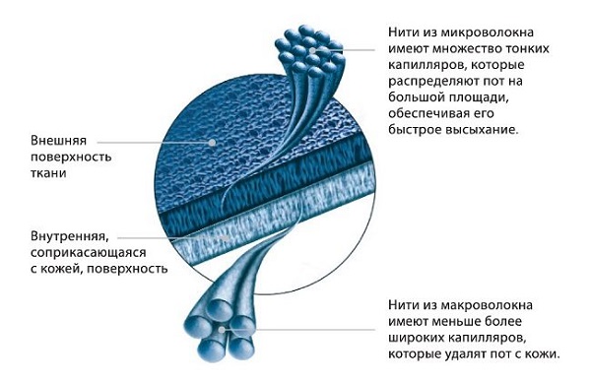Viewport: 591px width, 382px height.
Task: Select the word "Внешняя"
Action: point(58,141)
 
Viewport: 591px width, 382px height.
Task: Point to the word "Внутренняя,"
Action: point(70,237)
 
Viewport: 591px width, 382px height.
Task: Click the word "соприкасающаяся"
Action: point(89,252)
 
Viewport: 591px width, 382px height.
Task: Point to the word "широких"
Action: point(416,338)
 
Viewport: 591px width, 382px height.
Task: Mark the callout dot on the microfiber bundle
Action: point(312,50)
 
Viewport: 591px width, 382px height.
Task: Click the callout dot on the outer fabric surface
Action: point(212,143)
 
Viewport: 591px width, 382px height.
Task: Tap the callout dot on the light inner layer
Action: point(225,238)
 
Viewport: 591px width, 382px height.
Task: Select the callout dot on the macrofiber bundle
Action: point(222,330)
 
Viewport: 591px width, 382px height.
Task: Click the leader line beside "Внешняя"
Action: point(155,143)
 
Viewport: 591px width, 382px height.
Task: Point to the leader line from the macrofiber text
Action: point(298,330)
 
